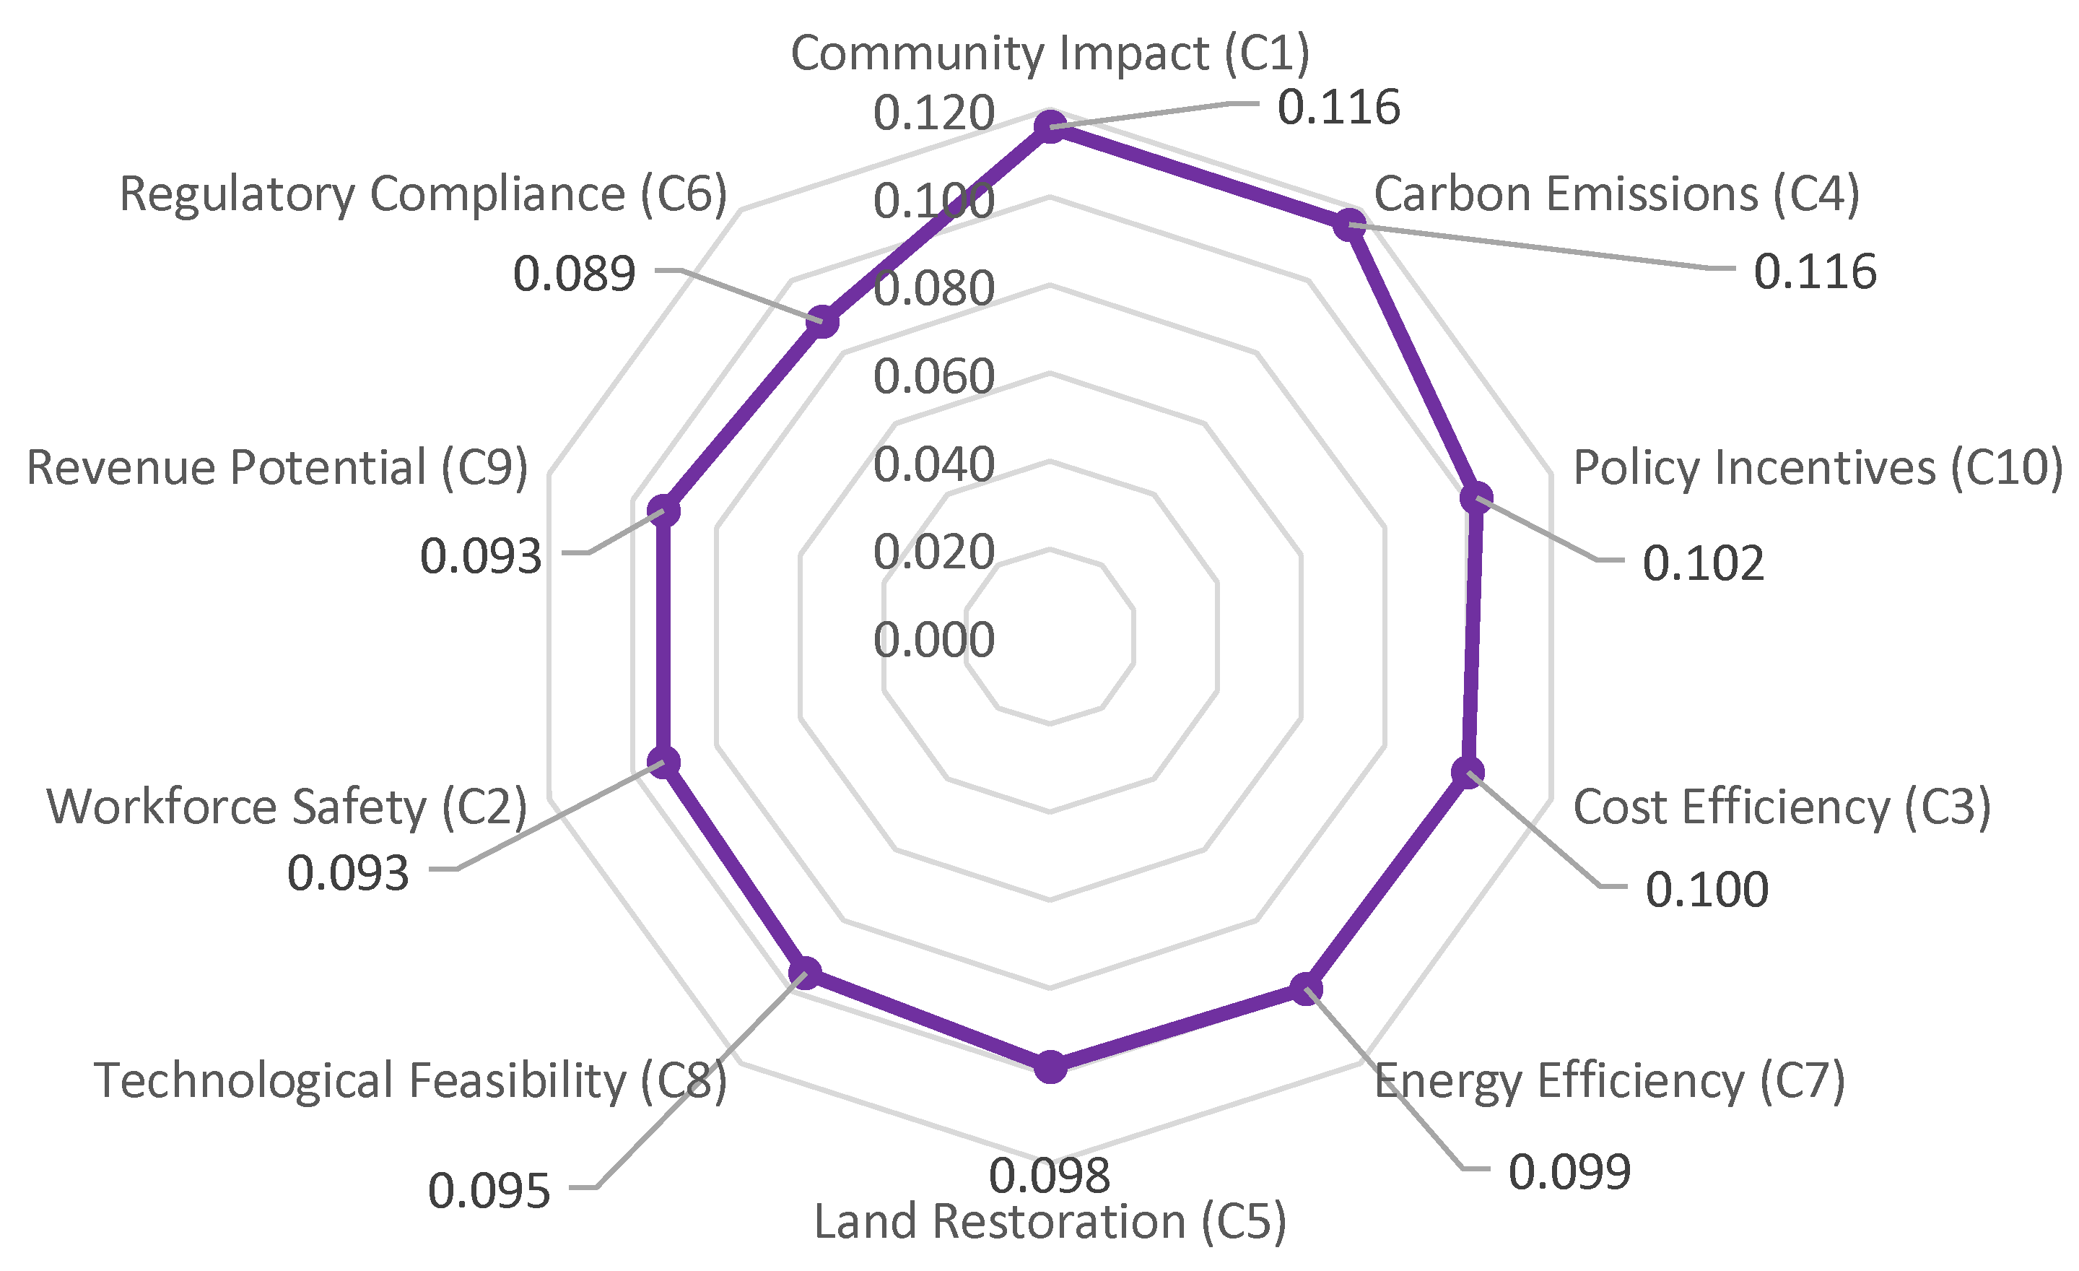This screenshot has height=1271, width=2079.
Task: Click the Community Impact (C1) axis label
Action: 1050,54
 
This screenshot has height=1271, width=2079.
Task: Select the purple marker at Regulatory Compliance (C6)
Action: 821,322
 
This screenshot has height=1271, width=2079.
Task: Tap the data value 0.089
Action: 574,274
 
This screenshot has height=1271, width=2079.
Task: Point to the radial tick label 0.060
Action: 933,376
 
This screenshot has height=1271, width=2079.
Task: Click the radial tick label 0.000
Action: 933,640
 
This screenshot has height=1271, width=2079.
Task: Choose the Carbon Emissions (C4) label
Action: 1616,194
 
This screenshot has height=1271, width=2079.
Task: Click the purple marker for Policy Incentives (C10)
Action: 1476,498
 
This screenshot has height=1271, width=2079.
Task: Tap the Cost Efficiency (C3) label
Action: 1781,807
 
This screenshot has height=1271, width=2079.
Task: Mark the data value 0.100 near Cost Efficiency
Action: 1706,890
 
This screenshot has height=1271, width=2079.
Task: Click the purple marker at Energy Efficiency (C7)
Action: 1305,989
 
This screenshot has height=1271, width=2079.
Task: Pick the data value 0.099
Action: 1569,1171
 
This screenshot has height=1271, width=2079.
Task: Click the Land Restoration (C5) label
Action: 1050,1222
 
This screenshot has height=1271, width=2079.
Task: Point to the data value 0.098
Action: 1049,1175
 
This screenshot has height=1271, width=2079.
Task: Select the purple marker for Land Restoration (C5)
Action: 1050,1067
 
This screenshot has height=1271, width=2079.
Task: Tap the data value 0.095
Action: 489,1192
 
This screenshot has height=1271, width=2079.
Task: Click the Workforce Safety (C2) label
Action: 287,807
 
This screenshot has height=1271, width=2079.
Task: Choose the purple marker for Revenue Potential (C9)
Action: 663,511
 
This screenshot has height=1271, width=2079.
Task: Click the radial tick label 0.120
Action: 933,113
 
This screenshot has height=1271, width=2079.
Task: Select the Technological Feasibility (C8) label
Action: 410,1080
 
